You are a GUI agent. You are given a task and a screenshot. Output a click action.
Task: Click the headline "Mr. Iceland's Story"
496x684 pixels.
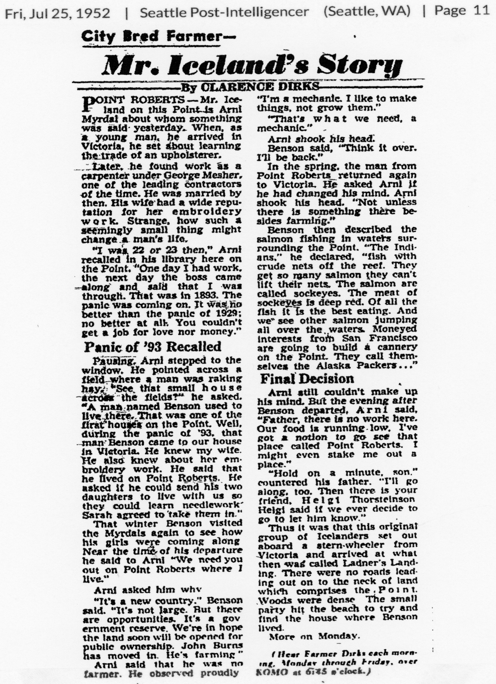pyautogui.click(x=253, y=65)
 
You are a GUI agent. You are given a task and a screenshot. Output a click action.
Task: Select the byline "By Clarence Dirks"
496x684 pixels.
pyautogui.click(x=250, y=86)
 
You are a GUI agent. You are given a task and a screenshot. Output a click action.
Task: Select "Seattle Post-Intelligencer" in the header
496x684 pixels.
pyautogui.click(x=224, y=12)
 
